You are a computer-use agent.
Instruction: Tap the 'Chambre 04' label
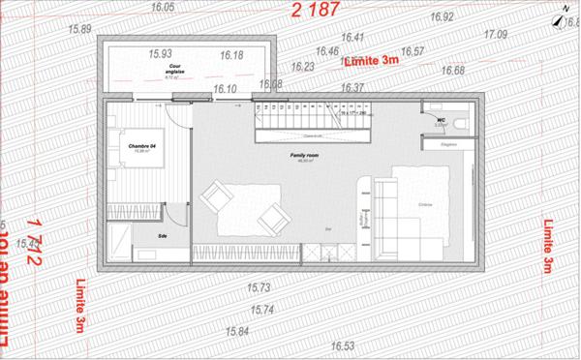tap(142, 146)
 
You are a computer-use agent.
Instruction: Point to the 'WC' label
tap(440, 120)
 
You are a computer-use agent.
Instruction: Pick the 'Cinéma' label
tap(424, 204)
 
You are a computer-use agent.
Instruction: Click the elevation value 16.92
tap(442, 17)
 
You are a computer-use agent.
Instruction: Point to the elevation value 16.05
tap(163, 7)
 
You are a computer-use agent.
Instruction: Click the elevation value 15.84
tap(237, 331)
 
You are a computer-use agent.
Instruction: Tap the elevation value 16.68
tap(452, 71)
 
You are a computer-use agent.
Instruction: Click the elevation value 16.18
tap(232, 55)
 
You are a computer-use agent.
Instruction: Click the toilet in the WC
tap(463, 124)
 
